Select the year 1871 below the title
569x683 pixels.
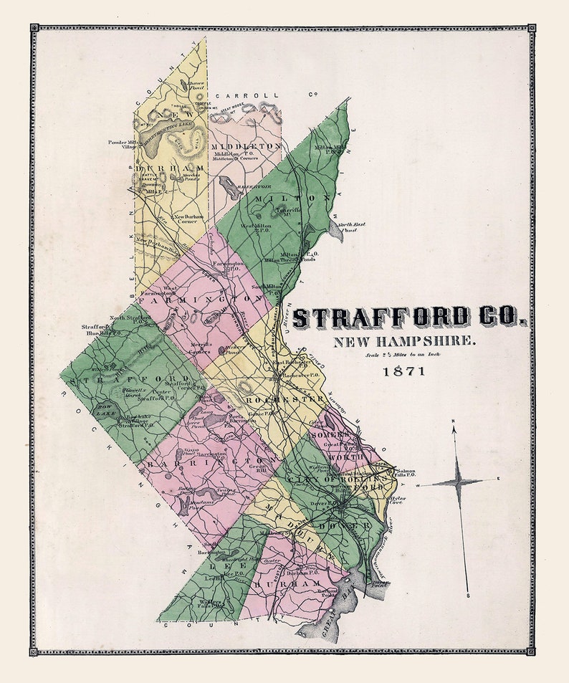tap(403, 371)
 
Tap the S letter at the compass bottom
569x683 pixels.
tap(467, 595)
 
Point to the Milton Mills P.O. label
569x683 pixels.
tap(330, 149)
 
